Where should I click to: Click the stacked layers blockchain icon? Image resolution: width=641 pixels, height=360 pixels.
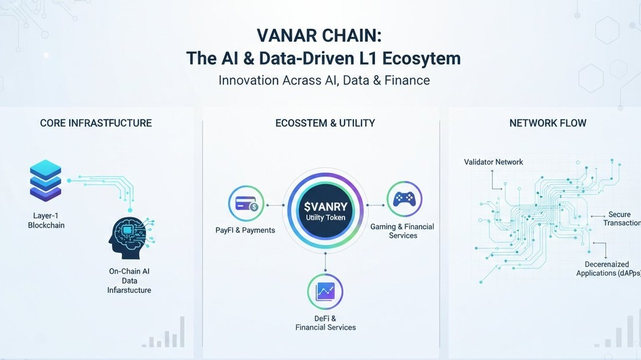(x=45, y=180)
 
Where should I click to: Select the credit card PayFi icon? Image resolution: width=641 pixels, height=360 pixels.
(x=246, y=204)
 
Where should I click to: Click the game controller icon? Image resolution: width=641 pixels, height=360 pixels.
(x=404, y=199)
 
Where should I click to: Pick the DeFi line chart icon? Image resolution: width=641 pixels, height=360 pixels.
(x=325, y=291)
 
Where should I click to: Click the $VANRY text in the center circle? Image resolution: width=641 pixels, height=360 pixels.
(x=325, y=206)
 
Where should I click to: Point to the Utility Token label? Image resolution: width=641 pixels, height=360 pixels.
(x=325, y=218)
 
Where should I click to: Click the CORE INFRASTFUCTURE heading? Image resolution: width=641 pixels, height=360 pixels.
(x=96, y=123)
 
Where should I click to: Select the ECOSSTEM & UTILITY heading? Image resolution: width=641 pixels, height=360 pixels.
(x=325, y=123)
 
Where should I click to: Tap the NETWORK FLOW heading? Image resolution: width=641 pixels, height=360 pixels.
(x=548, y=123)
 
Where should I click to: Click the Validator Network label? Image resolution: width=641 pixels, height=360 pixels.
(x=493, y=162)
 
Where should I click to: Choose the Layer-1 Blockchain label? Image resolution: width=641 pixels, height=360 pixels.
(x=46, y=221)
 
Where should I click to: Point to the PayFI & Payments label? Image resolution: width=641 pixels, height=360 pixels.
(x=245, y=230)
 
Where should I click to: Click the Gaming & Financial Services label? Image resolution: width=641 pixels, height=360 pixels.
(x=402, y=231)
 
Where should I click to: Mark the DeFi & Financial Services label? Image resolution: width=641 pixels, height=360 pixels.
(x=325, y=323)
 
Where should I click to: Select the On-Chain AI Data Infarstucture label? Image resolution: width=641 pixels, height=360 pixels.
(x=129, y=281)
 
